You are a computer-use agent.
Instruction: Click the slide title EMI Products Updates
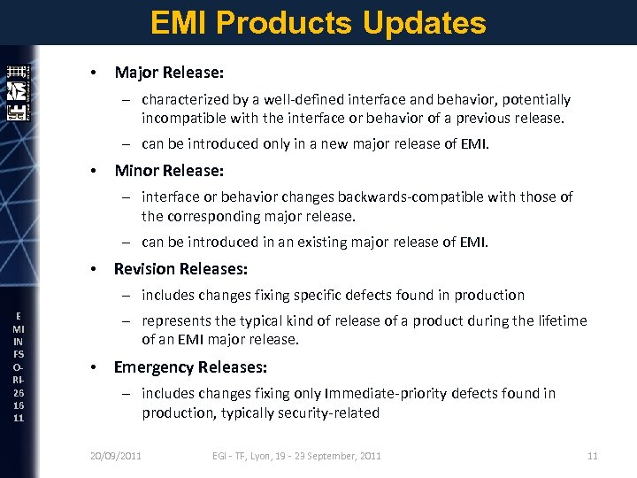point(318,22)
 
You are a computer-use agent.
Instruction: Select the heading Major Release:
point(168,73)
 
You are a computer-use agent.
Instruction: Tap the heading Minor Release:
point(168,170)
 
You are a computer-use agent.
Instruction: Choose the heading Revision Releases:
point(180,268)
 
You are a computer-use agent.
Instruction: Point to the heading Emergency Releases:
point(190,366)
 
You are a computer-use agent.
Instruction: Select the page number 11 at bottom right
point(593,456)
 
